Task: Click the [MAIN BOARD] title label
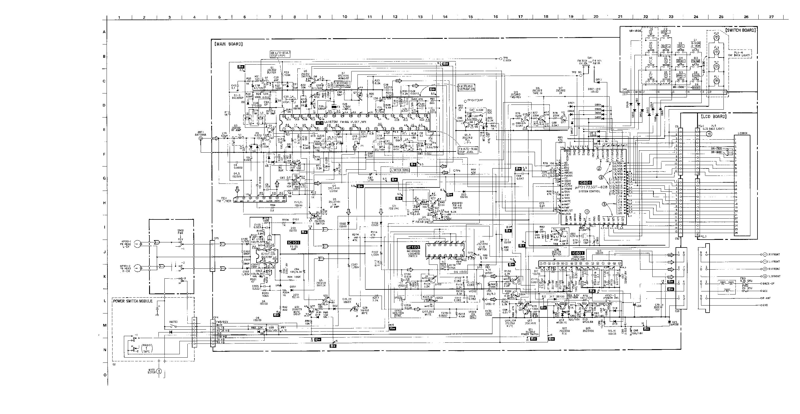click(228, 44)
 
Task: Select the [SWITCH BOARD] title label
click(740, 30)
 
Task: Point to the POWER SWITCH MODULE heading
click(133, 301)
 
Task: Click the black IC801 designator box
click(585, 183)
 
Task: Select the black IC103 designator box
click(413, 247)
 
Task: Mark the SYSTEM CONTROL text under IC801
click(589, 191)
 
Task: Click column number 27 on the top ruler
click(771, 17)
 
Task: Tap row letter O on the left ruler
click(105, 375)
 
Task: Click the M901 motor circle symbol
click(159, 371)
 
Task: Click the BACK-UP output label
click(774, 283)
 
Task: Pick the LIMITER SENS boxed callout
click(400, 170)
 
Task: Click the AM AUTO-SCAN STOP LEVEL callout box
click(280, 55)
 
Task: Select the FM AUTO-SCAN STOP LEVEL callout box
click(468, 151)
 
